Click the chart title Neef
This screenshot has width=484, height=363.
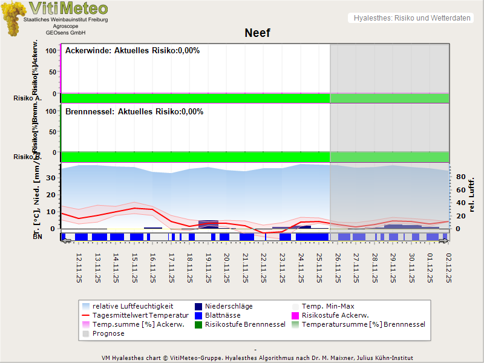tap(257, 33)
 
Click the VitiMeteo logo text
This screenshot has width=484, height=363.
tap(68, 8)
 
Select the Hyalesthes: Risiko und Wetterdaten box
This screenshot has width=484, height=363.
tap(411, 18)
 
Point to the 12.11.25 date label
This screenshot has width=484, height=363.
tap(79, 268)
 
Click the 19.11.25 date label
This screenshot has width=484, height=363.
tap(209, 268)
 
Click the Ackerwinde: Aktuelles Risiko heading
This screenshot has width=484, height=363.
tap(132, 51)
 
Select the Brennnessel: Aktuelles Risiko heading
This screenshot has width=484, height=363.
tap(134, 112)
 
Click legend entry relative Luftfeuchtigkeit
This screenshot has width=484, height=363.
tap(132, 306)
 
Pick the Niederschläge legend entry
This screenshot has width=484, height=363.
tap(229, 306)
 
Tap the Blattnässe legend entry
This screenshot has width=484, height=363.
tap(223, 315)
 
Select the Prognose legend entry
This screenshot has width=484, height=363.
tap(108, 333)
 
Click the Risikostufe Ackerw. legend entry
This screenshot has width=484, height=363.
tap(335, 315)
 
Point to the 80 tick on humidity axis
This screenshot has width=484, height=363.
tap(459, 177)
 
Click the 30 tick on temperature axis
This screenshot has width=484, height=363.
tap(51, 177)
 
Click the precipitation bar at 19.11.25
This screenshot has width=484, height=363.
tap(208, 224)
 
